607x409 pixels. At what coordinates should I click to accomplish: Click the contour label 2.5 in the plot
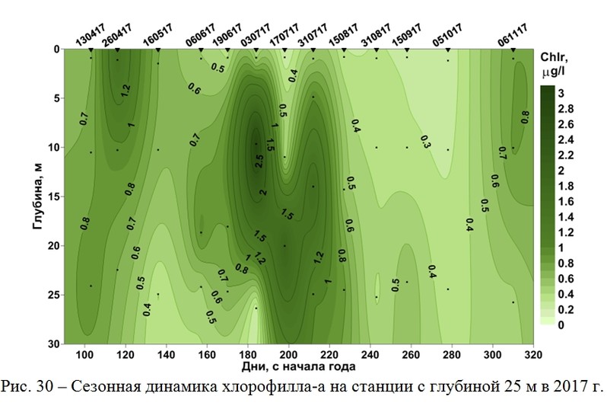click(259, 160)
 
